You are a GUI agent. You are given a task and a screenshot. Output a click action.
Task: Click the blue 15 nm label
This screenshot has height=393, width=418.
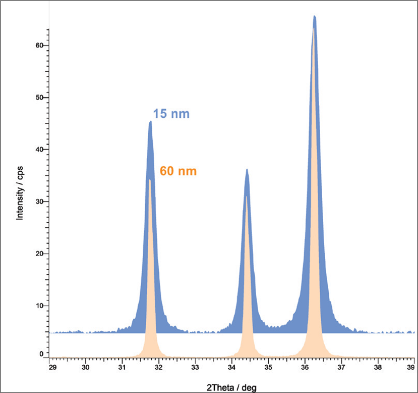[x=171, y=114]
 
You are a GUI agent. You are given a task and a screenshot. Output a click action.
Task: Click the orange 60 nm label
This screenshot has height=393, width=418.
[x=178, y=172]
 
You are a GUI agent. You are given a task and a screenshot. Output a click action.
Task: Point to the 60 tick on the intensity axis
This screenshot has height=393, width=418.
[x=39, y=45]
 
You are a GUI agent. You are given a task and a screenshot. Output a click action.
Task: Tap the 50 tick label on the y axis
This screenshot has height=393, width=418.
[x=39, y=97]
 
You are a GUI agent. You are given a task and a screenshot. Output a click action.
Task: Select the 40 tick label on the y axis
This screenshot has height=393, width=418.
[x=39, y=150]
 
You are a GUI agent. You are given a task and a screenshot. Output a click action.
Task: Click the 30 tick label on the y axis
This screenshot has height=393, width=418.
[x=39, y=202]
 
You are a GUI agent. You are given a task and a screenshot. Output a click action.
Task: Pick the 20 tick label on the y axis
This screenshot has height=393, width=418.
[x=39, y=254]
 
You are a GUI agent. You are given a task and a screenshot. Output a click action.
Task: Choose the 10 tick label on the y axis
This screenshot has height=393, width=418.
[x=39, y=306]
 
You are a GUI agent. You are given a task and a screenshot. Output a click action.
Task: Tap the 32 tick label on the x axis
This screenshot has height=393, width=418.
[x=159, y=366]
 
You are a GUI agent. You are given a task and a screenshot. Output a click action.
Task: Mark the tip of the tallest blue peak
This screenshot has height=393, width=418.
[x=315, y=16]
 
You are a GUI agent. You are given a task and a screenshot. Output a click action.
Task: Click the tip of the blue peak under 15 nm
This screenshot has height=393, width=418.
[x=150, y=121]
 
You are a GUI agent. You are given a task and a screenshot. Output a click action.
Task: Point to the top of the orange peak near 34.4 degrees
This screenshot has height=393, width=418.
[x=247, y=197]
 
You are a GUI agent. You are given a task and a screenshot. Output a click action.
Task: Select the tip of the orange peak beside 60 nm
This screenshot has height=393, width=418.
[x=150, y=180]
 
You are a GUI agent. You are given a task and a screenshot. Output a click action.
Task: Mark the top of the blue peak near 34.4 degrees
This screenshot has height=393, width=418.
[x=247, y=170]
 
